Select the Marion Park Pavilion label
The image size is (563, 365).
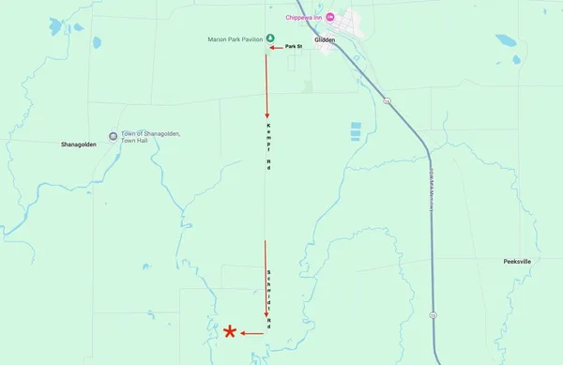(235, 38)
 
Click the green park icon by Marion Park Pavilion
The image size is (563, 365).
(270, 38)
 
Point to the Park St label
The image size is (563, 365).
(294, 46)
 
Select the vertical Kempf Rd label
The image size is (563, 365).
(268, 146)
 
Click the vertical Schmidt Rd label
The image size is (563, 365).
(268, 296)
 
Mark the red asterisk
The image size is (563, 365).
(230, 332)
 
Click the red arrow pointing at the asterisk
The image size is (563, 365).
(251, 333)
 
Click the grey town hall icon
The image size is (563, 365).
(114, 136)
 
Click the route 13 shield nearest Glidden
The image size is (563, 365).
(387, 99)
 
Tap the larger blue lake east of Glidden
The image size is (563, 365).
(507, 41)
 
